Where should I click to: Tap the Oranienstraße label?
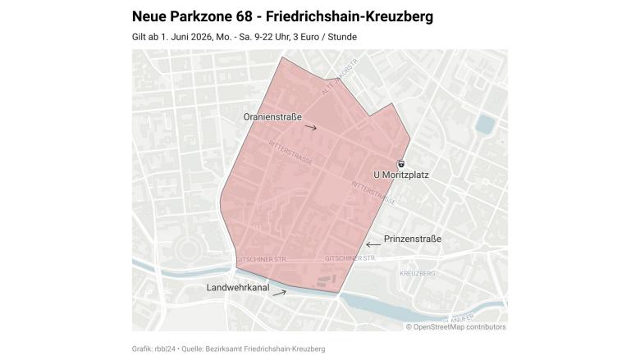(272, 117)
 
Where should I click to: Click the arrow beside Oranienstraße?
(310, 128)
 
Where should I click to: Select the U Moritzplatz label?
(400, 175)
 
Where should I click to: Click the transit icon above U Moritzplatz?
(400, 163)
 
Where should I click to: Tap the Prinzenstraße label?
(413, 239)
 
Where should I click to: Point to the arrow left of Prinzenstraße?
(373, 244)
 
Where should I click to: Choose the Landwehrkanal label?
(238, 288)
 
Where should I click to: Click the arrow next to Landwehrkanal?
(279, 293)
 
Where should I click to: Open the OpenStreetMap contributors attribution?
(455, 326)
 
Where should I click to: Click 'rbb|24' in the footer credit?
(165, 349)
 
